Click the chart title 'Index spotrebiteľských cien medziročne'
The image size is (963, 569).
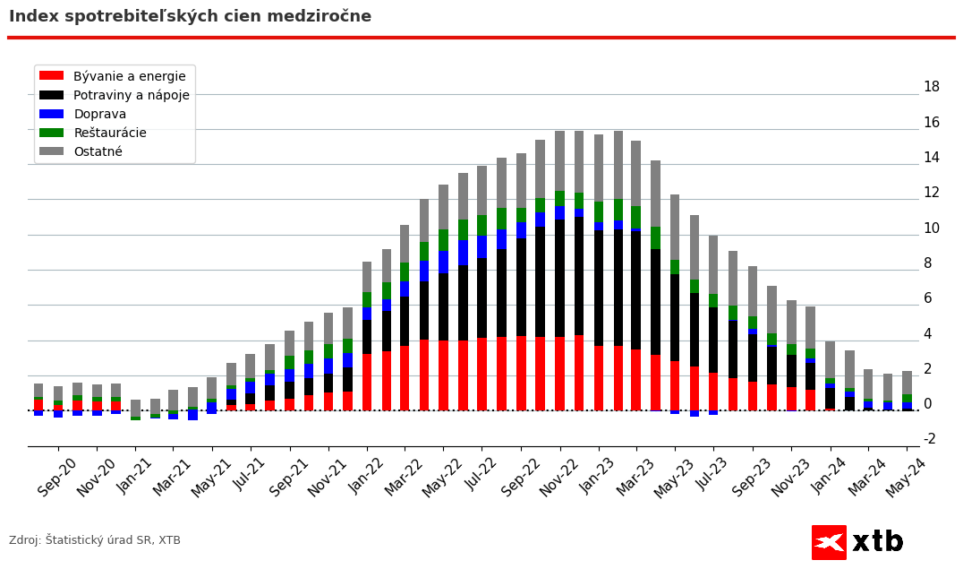[x=190, y=17]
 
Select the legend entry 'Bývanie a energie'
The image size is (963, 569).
[x=129, y=77]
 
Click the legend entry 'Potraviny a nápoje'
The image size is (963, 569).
[x=131, y=96]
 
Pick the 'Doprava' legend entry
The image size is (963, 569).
[x=99, y=115]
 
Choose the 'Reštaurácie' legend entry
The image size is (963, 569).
[x=109, y=134]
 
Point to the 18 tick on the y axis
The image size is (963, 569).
[x=931, y=87]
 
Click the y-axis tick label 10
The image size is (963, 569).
[x=931, y=228]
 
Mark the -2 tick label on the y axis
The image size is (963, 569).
[x=929, y=439]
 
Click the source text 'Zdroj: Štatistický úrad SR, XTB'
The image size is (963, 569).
[x=95, y=540]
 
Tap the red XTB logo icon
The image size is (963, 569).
[x=829, y=542]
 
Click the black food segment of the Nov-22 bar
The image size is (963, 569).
[x=560, y=278]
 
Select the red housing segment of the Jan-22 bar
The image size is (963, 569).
[x=367, y=382]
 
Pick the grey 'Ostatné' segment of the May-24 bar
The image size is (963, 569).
[x=907, y=383]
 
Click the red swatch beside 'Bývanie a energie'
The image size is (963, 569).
[x=52, y=77]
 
